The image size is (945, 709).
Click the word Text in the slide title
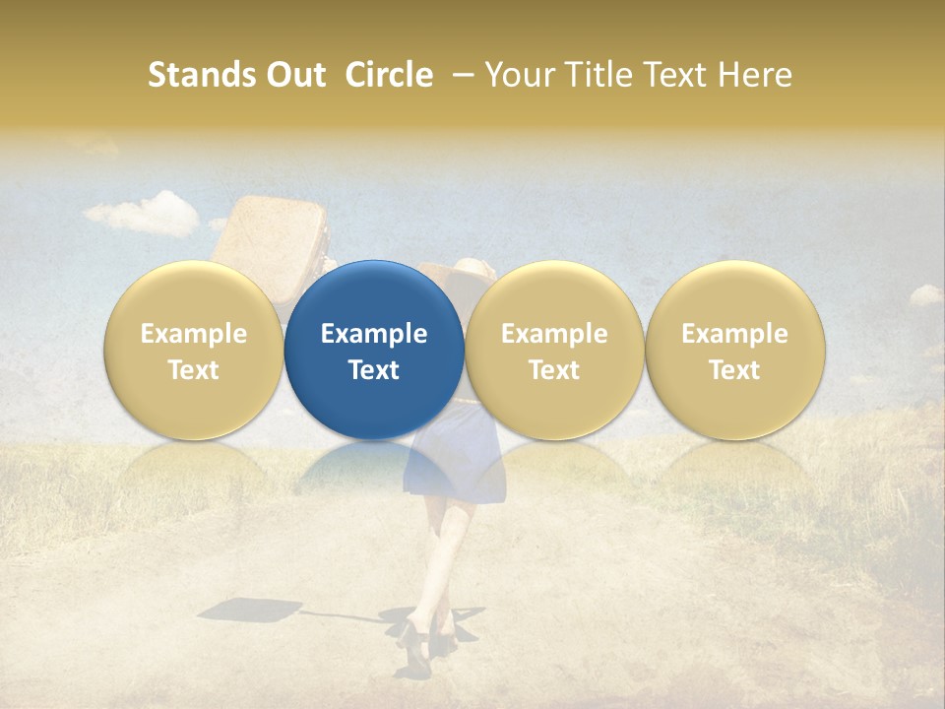pos(678,75)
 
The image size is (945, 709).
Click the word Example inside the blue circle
pos(374,334)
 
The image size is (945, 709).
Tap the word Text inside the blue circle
pos(374,370)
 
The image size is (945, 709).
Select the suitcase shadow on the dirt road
pos(241,610)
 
